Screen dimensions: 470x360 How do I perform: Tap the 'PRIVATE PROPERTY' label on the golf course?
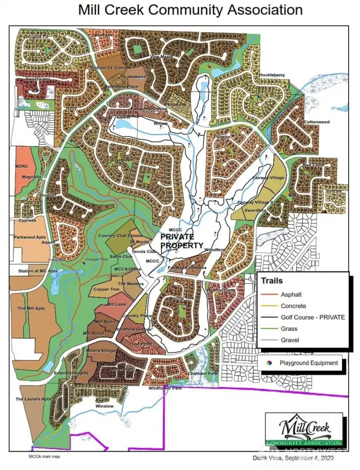(x=181, y=241)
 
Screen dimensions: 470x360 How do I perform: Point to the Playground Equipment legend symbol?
(x=269, y=363)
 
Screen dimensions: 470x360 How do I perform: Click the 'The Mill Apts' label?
(x=31, y=308)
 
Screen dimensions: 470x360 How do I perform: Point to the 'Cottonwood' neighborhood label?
(x=316, y=122)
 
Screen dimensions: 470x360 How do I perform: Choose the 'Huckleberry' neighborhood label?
(x=272, y=75)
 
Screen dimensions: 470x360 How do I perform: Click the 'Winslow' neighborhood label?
(x=105, y=406)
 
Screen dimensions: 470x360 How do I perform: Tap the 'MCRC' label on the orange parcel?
(x=21, y=165)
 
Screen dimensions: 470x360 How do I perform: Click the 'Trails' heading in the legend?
(x=272, y=281)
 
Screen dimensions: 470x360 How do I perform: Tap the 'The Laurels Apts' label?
(x=33, y=399)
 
